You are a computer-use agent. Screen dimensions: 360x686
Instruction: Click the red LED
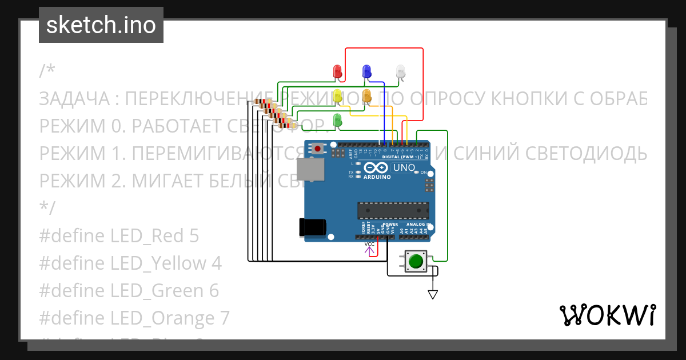pos(337,71)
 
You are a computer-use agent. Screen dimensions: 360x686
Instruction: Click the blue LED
pos(366,71)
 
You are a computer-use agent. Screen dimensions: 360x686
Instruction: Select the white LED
pos(401,71)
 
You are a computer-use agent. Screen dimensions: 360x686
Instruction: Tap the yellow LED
pos(337,95)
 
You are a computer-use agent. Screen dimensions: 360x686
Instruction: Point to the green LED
pos(337,119)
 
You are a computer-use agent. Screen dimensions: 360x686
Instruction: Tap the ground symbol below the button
pos(433,294)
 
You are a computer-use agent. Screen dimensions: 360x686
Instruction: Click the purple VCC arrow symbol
pos(369,249)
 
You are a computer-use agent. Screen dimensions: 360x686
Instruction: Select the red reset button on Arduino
pos(317,149)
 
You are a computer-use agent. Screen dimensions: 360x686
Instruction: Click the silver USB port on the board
pos(310,170)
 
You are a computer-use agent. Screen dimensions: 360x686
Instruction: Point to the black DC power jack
pos(313,227)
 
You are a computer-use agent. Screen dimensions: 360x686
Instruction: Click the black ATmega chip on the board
pos(393,210)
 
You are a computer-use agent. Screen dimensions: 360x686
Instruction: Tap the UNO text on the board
pos(405,168)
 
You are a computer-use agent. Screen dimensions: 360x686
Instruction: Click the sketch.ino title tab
pos(101,25)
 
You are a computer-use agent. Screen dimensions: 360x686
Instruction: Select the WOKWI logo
pos(607,315)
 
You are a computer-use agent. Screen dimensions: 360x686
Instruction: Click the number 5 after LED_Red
pos(193,235)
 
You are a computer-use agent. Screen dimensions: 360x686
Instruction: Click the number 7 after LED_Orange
pos(224,318)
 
